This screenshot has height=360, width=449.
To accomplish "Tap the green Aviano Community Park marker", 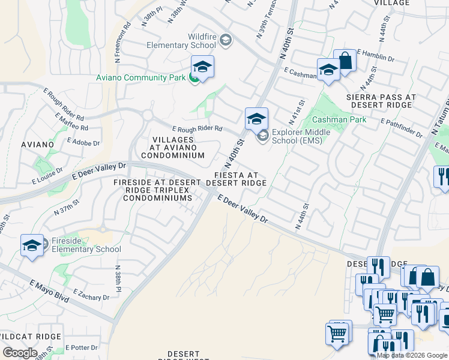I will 194,77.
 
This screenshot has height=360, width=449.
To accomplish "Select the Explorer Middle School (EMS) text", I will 297,136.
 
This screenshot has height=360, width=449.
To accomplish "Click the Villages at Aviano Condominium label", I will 178,148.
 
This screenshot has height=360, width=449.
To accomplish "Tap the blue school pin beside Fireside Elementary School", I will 32,246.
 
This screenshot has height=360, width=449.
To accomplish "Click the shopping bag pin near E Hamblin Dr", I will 345,61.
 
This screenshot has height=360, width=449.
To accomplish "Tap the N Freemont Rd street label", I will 127,40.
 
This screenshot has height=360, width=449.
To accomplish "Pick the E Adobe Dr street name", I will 83,142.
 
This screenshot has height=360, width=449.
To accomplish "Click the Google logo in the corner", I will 20,352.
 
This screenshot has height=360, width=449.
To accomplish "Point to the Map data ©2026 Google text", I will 412,355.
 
